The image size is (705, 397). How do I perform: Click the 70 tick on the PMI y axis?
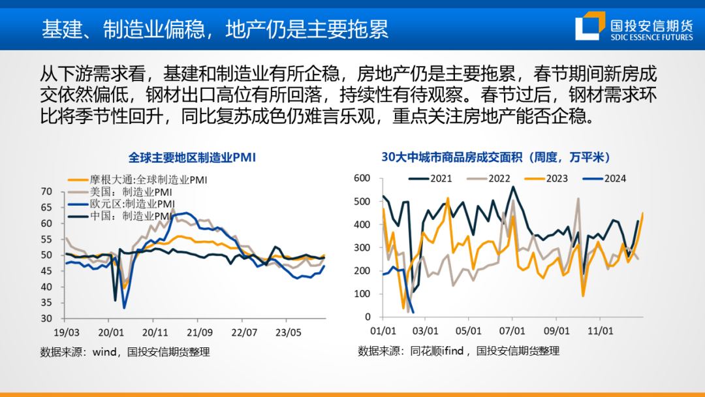(x=46, y=191)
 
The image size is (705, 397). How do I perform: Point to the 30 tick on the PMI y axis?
(x=46, y=319)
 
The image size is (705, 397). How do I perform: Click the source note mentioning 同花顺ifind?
(x=458, y=351)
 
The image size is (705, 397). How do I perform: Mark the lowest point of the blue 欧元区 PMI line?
(x=124, y=308)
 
